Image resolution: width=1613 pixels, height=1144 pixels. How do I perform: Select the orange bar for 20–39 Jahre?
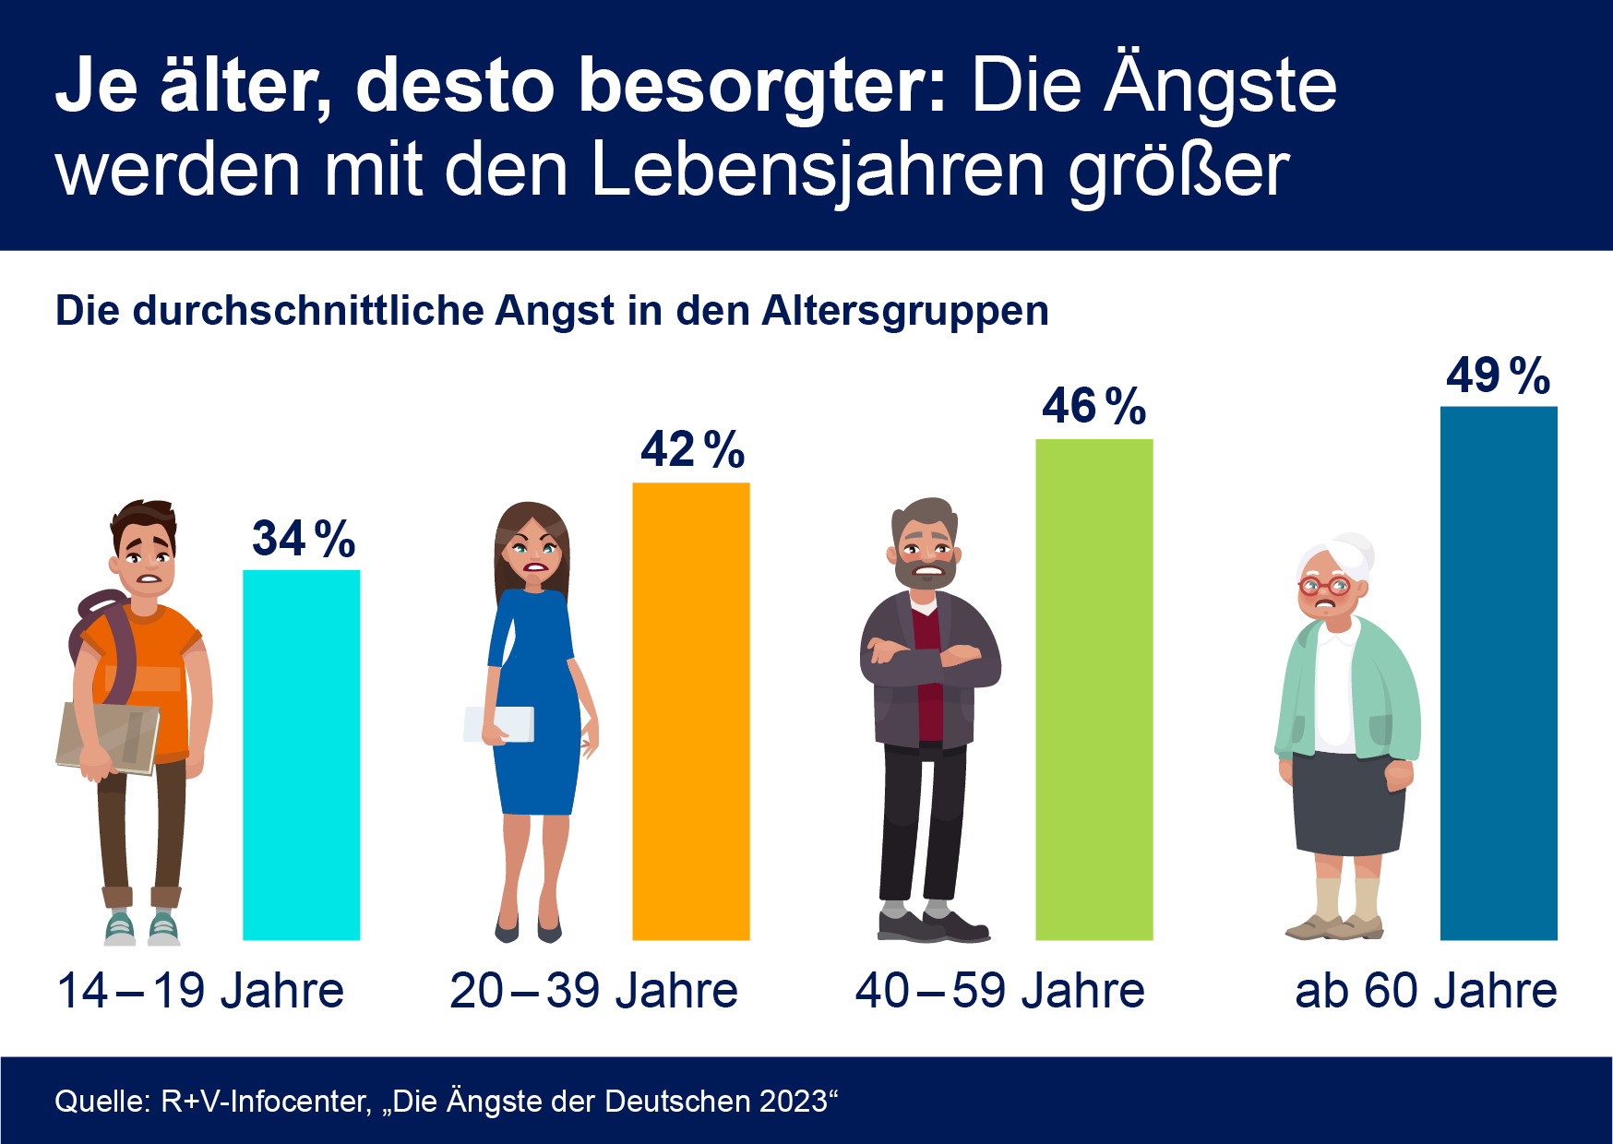click(690, 711)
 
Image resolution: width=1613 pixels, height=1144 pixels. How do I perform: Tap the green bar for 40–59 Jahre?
click(1093, 689)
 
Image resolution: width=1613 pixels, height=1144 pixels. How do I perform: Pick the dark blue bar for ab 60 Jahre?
click(1499, 673)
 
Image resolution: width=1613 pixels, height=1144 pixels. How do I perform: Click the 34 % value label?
click(304, 539)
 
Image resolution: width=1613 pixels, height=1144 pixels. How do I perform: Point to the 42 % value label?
click(693, 450)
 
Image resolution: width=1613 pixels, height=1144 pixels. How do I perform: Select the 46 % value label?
click(1094, 406)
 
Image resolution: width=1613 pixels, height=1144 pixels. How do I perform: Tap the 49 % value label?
click(1499, 375)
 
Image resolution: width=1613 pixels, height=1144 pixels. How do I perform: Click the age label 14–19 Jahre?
click(200, 991)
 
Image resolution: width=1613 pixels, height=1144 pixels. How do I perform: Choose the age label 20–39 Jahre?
click(593, 991)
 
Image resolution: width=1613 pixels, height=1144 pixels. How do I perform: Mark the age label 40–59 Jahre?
click(999, 991)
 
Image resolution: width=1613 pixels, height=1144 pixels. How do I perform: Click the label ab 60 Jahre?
click(1426, 991)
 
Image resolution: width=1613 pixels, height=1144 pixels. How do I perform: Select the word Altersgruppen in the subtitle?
click(905, 311)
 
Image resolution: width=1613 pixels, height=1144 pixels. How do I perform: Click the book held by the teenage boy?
click(106, 738)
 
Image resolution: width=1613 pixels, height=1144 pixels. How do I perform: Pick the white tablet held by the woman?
click(499, 724)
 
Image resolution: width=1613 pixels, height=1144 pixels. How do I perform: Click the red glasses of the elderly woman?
click(1324, 586)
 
